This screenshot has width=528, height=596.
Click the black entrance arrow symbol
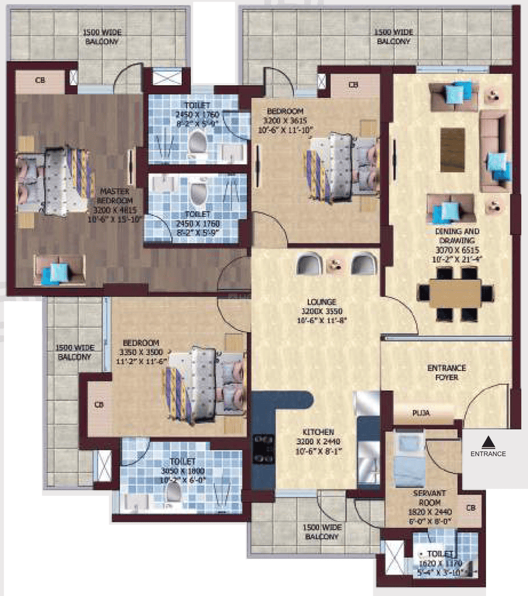coord(488,441)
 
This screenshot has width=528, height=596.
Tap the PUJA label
coord(421,413)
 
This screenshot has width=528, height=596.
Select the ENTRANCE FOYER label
coord(446,372)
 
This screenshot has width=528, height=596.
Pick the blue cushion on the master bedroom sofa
coord(52,274)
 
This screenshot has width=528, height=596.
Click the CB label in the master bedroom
coord(40,80)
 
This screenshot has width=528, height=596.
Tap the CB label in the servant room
coord(470,508)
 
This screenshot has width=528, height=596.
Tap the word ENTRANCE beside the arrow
coord(488,453)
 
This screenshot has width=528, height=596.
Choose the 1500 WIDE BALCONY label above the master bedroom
coord(101,38)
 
